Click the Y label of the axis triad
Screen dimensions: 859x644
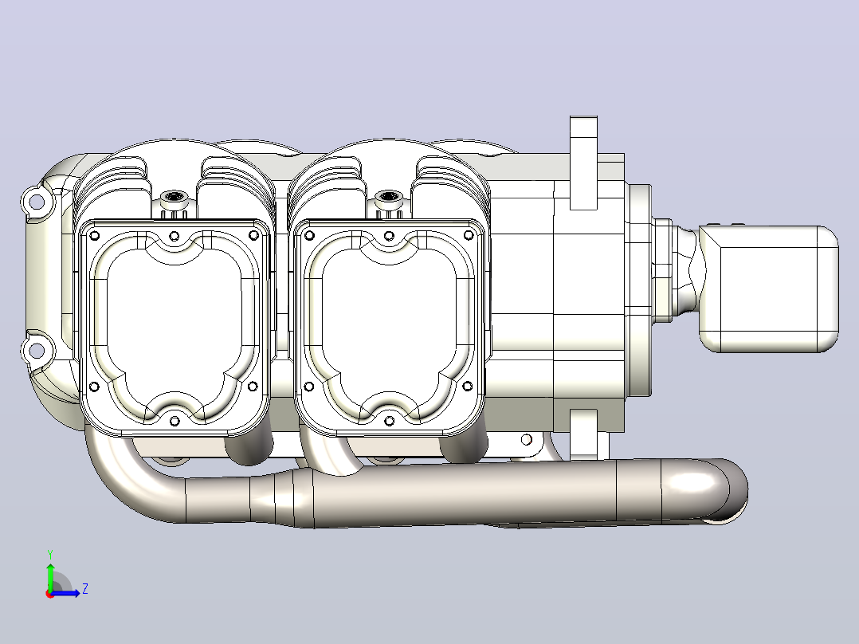50,555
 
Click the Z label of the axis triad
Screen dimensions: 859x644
85,589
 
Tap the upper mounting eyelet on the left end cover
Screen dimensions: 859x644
36,202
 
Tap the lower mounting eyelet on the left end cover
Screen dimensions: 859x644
36,350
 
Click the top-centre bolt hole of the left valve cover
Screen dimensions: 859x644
175,236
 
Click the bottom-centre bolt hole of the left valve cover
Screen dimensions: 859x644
175,421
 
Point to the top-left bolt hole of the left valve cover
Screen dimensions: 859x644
94,236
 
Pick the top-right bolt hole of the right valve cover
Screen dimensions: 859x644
469,236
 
